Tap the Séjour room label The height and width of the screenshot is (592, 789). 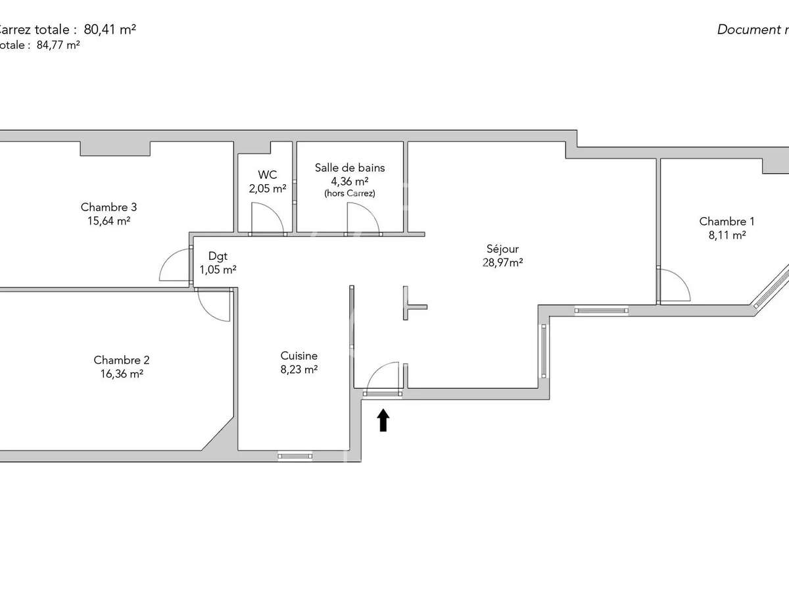[502, 249]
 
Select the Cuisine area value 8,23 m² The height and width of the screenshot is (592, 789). [299, 370]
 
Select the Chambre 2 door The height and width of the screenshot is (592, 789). [215, 306]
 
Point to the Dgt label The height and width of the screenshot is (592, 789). [218, 257]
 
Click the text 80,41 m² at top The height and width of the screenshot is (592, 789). [110, 29]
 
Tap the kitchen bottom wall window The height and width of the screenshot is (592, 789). [295, 455]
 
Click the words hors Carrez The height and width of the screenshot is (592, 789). [349, 193]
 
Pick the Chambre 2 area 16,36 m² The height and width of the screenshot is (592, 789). [121, 374]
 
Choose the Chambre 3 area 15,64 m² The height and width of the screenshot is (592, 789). [108, 221]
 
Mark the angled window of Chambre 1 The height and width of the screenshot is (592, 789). [772, 286]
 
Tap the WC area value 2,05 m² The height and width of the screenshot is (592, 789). [267, 188]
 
